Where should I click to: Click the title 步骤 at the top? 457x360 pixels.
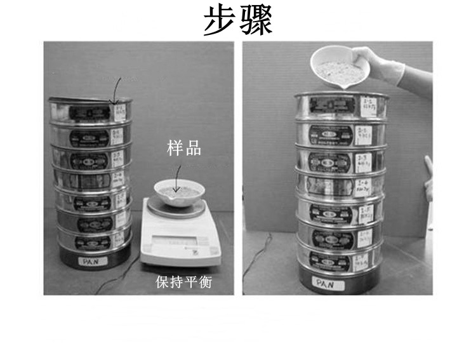point(238,21)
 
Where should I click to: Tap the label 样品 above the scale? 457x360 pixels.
point(184,149)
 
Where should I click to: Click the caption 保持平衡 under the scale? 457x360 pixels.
point(183,283)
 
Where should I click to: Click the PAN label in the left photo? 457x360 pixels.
point(86,261)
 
